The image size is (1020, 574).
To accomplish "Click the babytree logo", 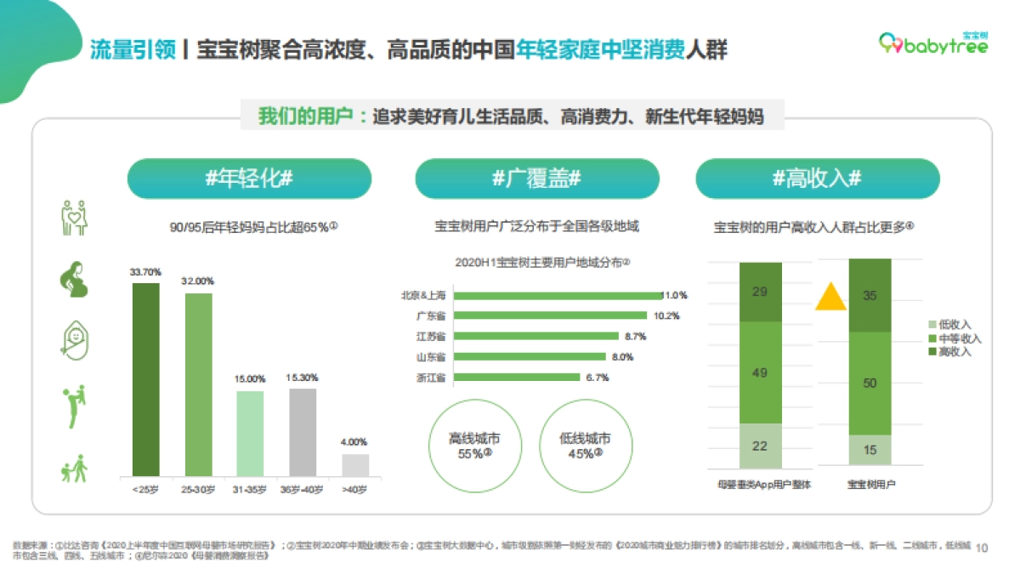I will click(x=932, y=45).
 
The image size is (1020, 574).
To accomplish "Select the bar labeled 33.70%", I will click(x=145, y=378).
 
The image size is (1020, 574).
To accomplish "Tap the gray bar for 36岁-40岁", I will click(x=303, y=431).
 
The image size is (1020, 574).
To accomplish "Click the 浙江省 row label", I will click(x=430, y=377).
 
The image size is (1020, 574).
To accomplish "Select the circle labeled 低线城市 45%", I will click(x=585, y=446).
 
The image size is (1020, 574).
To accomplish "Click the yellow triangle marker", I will click(x=830, y=297).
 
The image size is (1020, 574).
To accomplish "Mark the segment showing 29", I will click(x=760, y=292).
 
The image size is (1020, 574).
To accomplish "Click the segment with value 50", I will click(x=870, y=383).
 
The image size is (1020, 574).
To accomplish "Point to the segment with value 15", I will click(x=870, y=450).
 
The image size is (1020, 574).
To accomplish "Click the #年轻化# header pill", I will click(x=249, y=179).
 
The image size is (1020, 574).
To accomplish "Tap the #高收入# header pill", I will click(x=817, y=179).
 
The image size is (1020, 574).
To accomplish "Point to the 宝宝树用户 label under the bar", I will click(x=871, y=485).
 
